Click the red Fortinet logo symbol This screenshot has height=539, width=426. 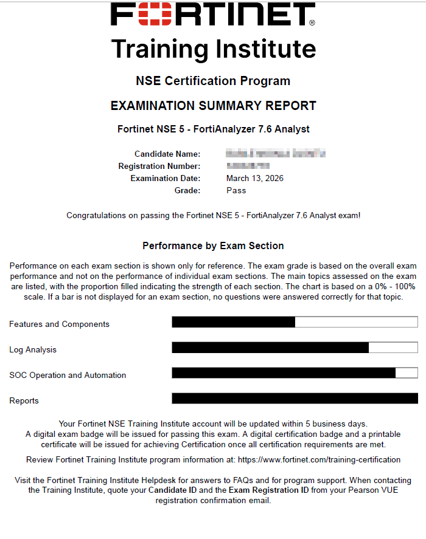[146, 15]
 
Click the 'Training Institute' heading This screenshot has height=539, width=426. [213, 49]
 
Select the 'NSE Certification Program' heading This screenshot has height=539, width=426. [213, 81]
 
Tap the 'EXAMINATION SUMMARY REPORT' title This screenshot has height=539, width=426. [213, 106]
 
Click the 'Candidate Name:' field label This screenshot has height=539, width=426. [167, 154]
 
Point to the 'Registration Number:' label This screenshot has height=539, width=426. [159, 167]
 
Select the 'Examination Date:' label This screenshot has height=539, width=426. [166, 179]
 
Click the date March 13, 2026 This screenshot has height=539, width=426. [255, 179]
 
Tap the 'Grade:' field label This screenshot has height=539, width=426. [187, 191]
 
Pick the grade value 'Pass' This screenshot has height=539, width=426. [236, 191]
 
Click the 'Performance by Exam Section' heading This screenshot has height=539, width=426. [213, 246]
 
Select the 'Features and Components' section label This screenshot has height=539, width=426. [60, 324]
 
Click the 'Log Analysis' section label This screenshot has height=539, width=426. [33, 350]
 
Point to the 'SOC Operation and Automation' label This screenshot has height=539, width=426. [68, 376]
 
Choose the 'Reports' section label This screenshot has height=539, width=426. [24, 401]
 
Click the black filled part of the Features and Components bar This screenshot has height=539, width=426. [234, 322]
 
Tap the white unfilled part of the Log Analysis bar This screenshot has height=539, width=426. [393, 348]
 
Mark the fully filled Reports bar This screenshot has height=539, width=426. [295, 399]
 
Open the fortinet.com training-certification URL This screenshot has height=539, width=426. [319, 460]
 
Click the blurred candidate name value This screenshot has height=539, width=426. [276, 153]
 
